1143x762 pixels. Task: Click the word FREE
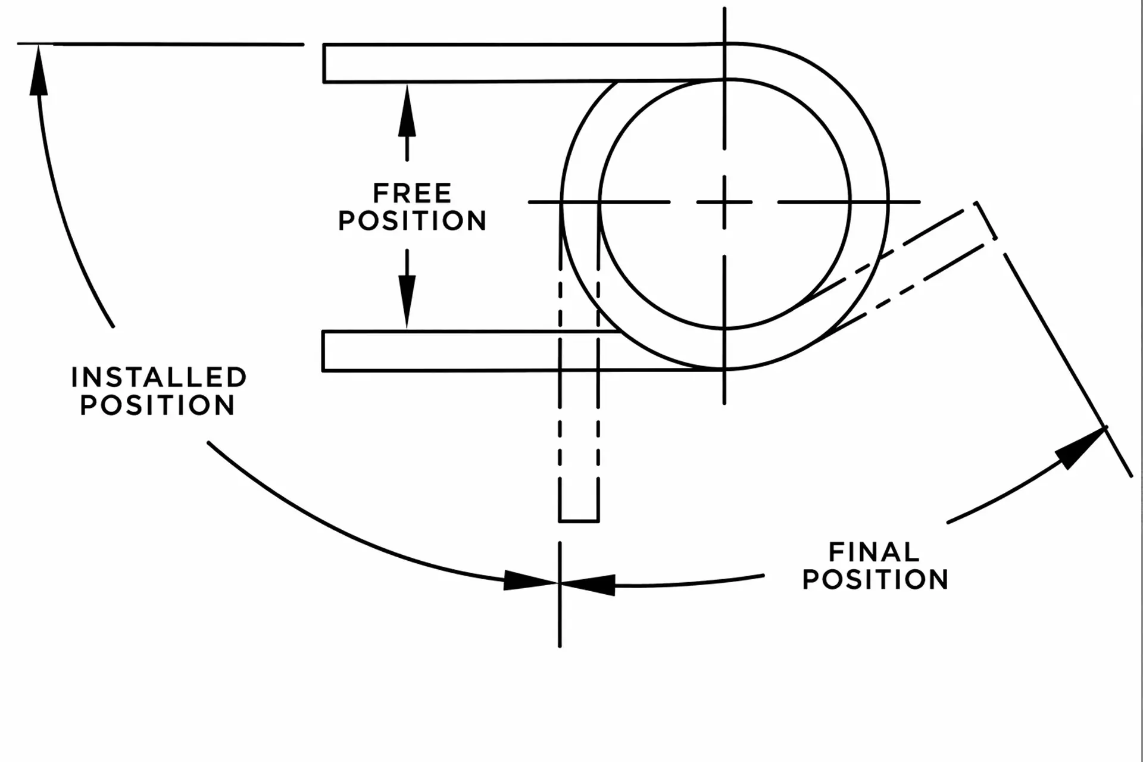point(412,193)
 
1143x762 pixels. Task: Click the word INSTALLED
point(159,377)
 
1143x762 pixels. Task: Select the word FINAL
point(874,552)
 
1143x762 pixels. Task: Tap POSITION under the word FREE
point(412,221)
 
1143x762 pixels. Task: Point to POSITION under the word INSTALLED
point(158,405)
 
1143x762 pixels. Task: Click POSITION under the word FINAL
point(875,579)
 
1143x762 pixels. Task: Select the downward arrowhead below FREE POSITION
point(407,301)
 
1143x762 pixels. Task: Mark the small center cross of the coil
point(724,202)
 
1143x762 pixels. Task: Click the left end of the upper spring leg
point(324,63)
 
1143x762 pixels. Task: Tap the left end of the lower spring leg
point(323,351)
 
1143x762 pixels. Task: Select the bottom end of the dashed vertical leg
point(579,521)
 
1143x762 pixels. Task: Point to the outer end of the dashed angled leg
point(986,220)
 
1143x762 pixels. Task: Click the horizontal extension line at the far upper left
point(160,44)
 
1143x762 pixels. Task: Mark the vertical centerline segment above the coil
point(724,78)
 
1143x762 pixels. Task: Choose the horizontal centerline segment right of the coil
point(849,202)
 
